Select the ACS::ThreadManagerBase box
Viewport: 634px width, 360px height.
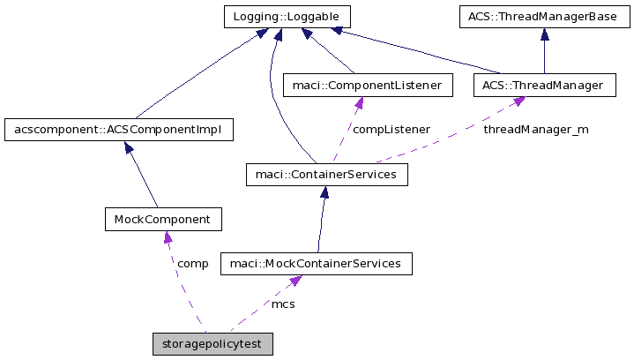[543, 16]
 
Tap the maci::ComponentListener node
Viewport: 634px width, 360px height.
[367, 86]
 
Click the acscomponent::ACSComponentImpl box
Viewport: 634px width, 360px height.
[118, 131]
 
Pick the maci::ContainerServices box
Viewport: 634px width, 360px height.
[326, 175]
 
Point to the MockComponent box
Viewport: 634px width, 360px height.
[162, 218]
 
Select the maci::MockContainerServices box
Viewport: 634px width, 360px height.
[315, 263]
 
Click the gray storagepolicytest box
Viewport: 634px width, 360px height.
[213, 343]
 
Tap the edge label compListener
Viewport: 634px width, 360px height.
[391, 130]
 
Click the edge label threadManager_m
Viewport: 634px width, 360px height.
[535, 130]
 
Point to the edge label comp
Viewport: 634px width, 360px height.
[192, 263]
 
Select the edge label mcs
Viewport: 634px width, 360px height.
[283, 304]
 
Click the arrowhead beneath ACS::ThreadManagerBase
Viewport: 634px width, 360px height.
[545, 34]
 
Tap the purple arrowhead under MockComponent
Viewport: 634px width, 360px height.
[167, 236]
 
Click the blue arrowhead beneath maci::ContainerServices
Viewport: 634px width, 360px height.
[324, 193]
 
